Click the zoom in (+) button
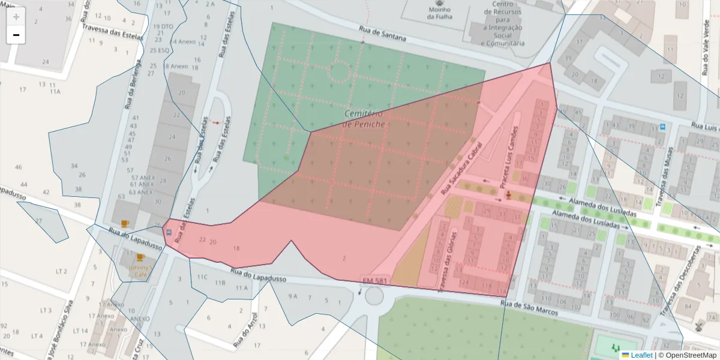16,17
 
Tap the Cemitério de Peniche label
364,118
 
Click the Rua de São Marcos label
530,308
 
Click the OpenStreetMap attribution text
687,355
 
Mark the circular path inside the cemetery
340,71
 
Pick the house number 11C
202,277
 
